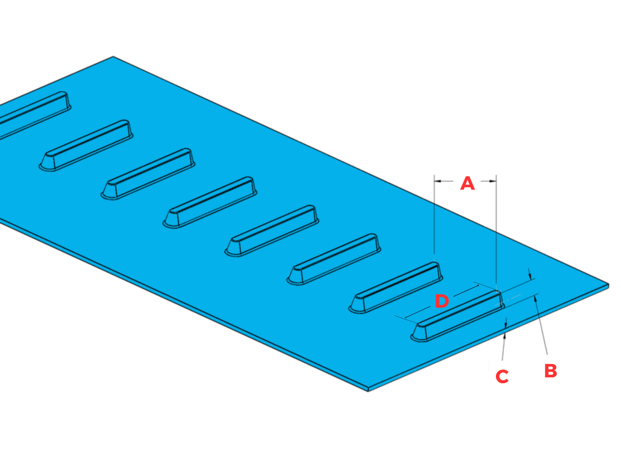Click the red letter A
pos(467,183)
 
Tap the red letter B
pos(550,371)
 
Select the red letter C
pos(501,377)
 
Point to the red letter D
pos(442,301)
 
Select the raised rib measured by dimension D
pos(458,316)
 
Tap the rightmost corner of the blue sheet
pos(608,284)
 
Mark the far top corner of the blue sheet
pos(114,57)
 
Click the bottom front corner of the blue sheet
pos(369,389)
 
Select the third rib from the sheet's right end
pos(334,259)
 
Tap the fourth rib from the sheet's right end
pos(272,230)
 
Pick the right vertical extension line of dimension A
pos(497,231)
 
